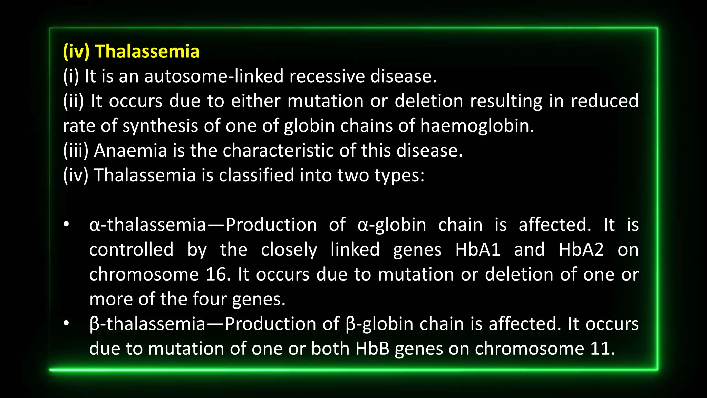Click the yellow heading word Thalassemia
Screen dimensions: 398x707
click(x=147, y=51)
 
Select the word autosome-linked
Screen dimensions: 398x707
click(x=214, y=76)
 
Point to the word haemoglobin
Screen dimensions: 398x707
click(x=477, y=125)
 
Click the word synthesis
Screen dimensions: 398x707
click(x=160, y=126)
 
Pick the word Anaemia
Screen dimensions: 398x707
click(x=130, y=151)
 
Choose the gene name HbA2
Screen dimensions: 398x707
click(x=581, y=249)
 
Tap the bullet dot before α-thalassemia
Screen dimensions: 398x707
click(x=66, y=225)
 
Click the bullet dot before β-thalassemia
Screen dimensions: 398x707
click(x=66, y=324)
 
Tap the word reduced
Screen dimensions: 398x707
click(x=604, y=101)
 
